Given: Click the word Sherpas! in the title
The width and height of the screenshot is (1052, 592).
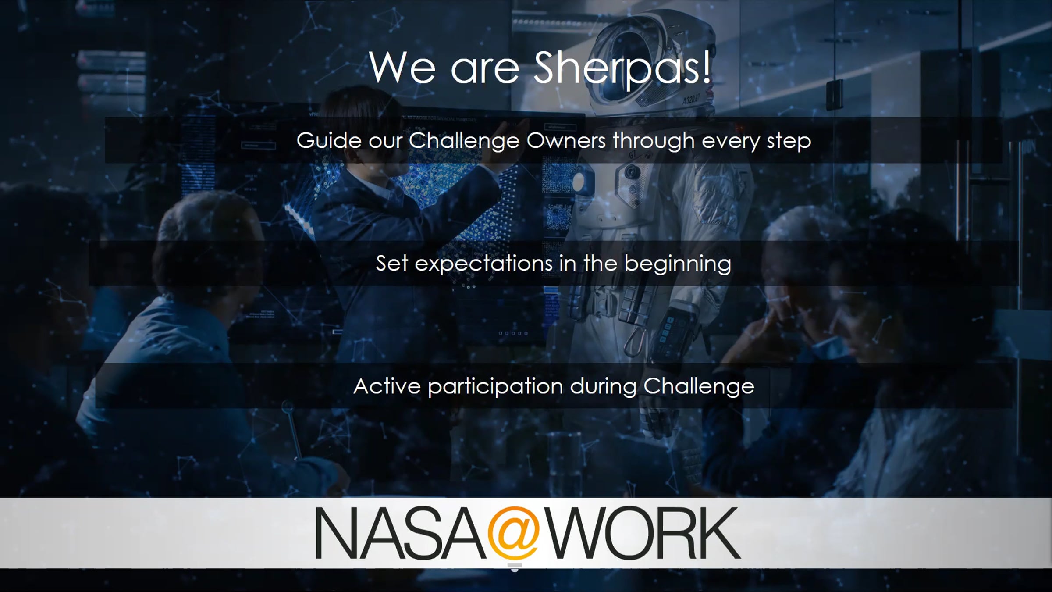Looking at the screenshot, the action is point(622,68).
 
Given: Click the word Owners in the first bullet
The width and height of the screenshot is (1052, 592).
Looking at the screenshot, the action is point(566,141).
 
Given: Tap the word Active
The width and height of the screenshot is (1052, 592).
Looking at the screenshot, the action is point(387,386).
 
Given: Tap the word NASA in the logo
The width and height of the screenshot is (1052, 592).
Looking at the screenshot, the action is point(400,533).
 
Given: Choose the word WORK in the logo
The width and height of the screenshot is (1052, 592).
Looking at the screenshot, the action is point(644,533).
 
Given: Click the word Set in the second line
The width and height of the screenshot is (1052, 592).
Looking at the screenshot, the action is point(392,264).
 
